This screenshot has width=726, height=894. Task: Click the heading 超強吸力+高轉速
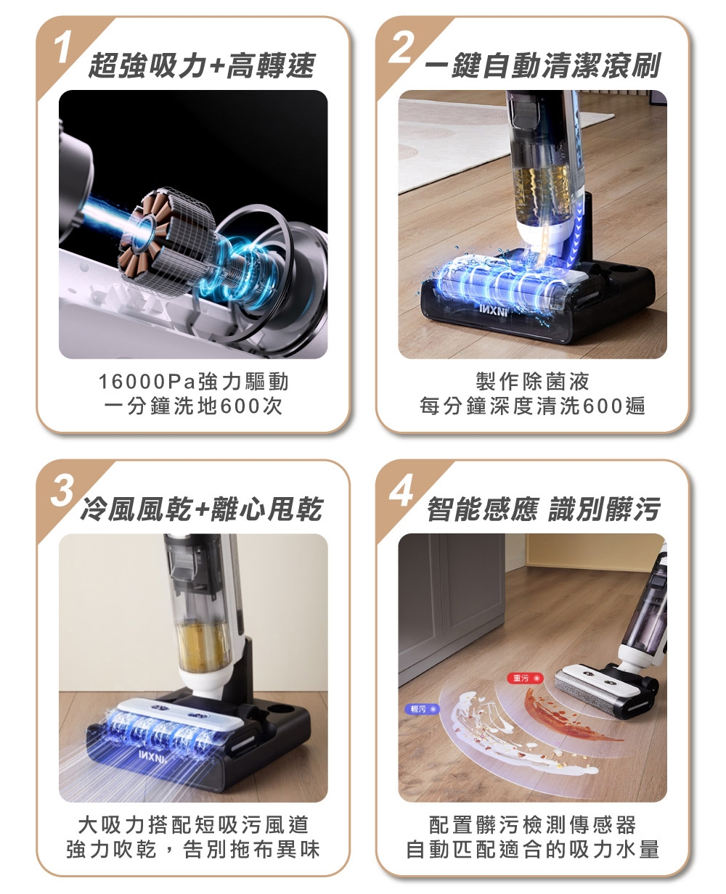[x=201, y=67]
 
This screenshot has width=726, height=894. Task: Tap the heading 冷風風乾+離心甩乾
[x=201, y=510]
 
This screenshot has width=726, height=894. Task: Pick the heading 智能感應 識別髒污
[x=543, y=510]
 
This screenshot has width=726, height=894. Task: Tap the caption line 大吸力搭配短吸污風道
[x=193, y=824]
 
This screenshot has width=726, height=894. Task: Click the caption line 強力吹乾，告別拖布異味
[x=193, y=849]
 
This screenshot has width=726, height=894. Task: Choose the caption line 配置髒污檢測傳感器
[x=532, y=824]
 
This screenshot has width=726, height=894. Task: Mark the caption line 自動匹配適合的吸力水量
[x=532, y=849]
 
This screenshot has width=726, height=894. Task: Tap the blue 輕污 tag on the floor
[x=418, y=708]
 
